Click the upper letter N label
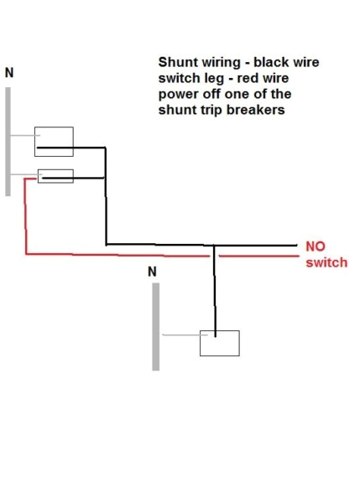coord(10,72)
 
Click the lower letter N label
coord(152,272)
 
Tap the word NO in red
coord(315,246)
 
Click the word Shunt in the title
coord(175,62)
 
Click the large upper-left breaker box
coord(54,141)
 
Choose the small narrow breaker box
coord(55,176)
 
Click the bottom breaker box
coord(219,343)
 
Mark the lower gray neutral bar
coord(155,326)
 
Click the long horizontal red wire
coord(126,254)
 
